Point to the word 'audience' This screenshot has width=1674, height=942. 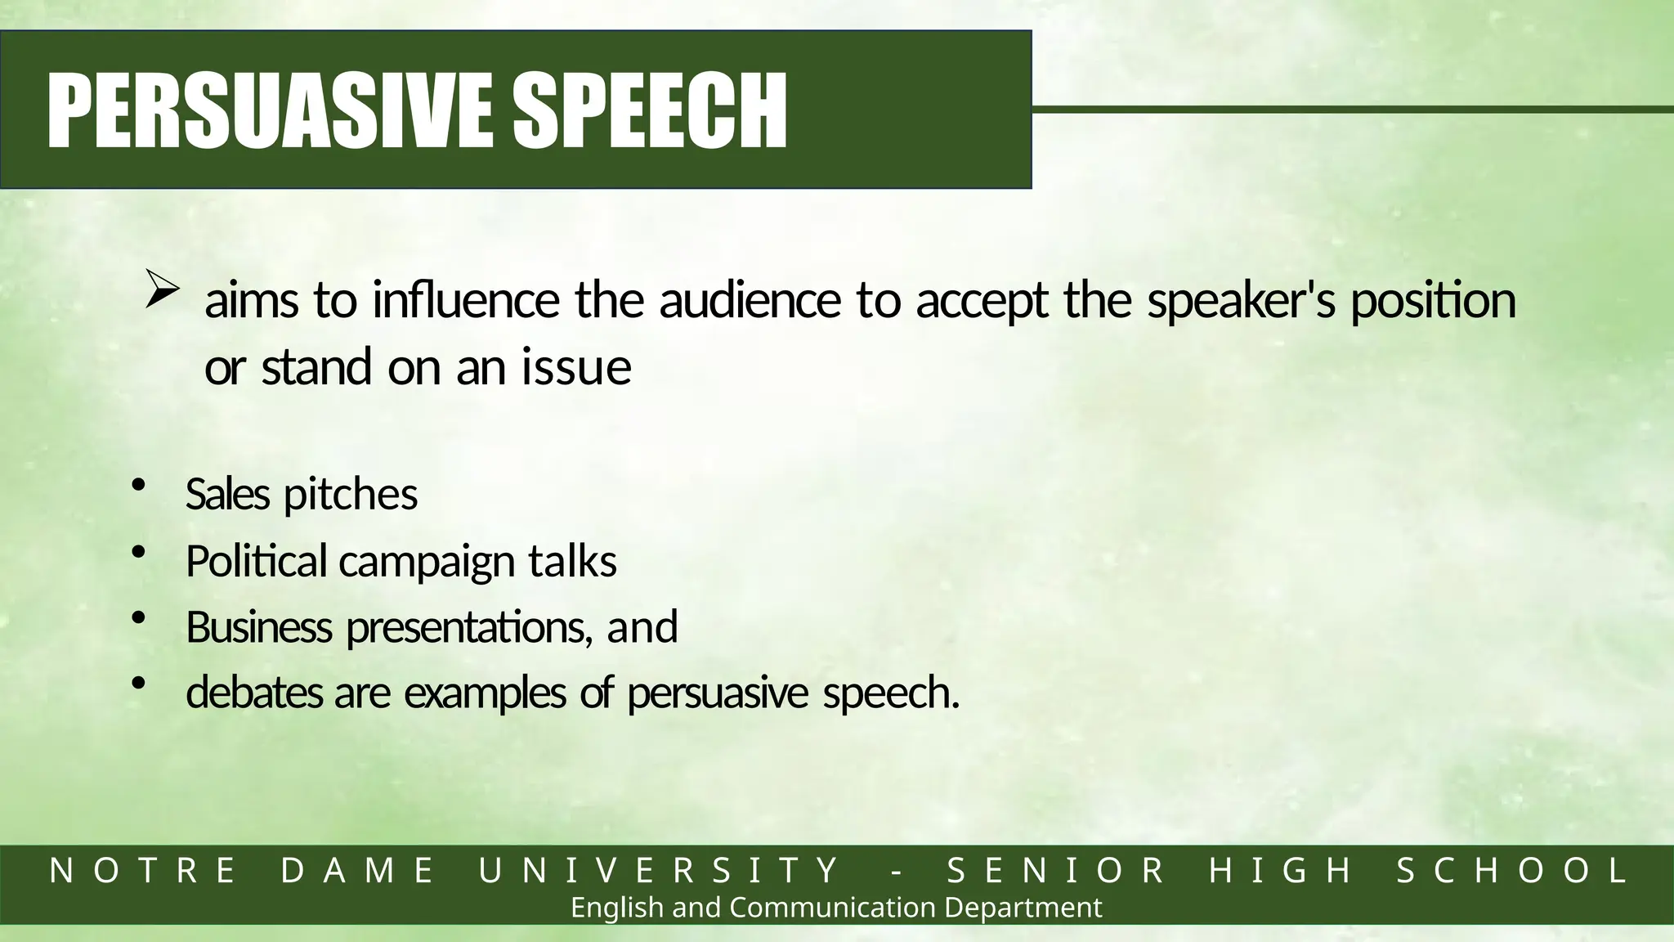click(x=750, y=300)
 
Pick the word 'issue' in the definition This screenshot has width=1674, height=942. click(x=576, y=367)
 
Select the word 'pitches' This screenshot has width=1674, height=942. click(x=351, y=495)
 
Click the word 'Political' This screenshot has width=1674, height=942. click(x=257, y=561)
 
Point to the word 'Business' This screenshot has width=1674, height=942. click(x=258, y=627)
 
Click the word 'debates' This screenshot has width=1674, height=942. click(x=254, y=693)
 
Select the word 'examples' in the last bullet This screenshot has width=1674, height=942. click(x=485, y=694)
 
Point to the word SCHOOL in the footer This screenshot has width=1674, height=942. click(x=1512, y=871)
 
